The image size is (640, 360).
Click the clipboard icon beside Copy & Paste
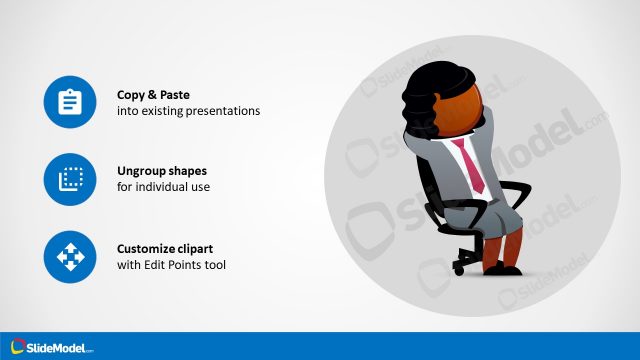(69, 102)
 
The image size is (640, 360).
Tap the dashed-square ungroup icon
(69, 179)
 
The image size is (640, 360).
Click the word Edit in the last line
(163, 265)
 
